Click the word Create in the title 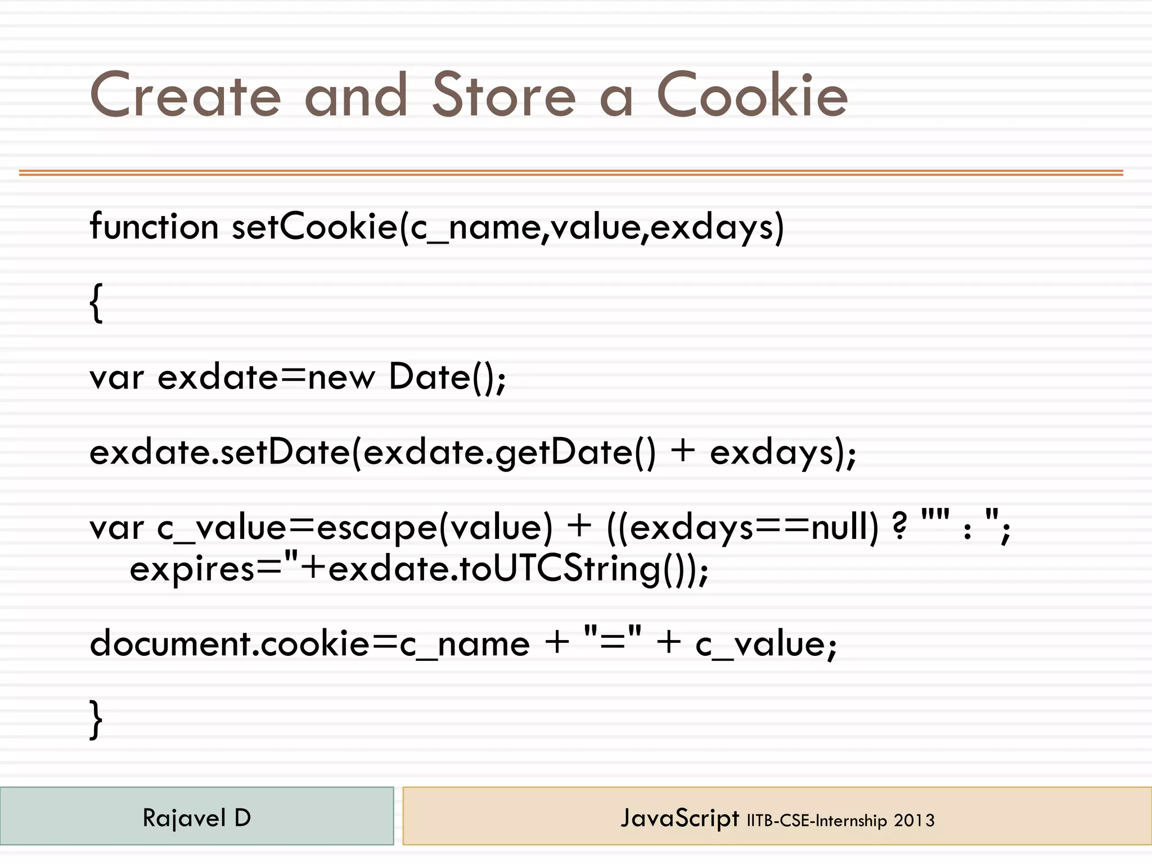click(x=185, y=95)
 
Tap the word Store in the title click(x=504, y=95)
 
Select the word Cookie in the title click(x=752, y=95)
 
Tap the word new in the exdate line click(x=341, y=378)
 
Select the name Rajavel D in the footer click(x=196, y=818)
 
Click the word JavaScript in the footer click(x=679, y=818)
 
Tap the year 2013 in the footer click(x=914, y=821)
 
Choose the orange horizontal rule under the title click(x=571, y=173)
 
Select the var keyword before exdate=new click(x=116, y=378)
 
